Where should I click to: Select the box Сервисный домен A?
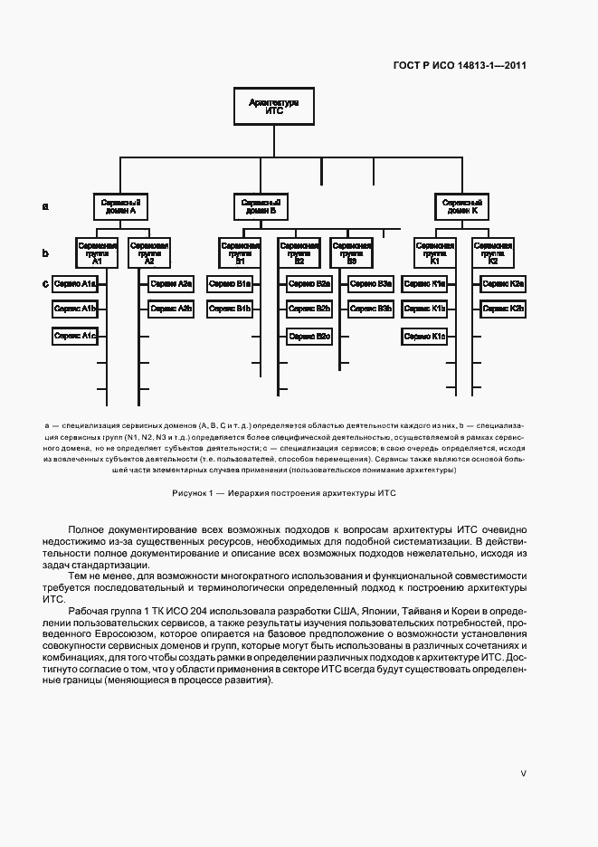[119, 206]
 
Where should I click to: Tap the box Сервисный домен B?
[261, 206]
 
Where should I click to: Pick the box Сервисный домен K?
[461, 206]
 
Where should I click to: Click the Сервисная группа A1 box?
[97, 251]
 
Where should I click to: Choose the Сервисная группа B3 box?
[351, 251]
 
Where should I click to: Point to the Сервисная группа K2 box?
[493, 251]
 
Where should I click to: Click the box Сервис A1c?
[75, 336]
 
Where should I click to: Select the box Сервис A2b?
[172, 309]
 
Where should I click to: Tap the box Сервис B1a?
[231, 284]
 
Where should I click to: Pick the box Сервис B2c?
[310, 336]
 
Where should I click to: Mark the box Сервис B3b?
[372, 309]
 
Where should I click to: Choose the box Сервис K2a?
[504, 284]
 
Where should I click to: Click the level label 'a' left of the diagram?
[45, 206]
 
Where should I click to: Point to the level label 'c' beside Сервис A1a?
[45, 284]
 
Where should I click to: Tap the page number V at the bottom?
[523, 774]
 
